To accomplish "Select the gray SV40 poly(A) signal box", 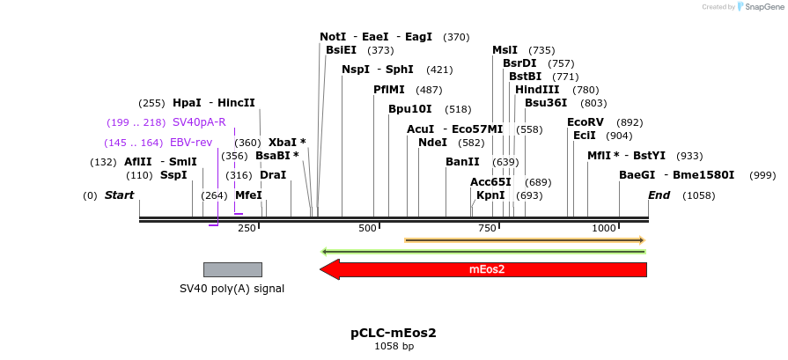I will pos(232,269).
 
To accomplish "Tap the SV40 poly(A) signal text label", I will pos(232,288).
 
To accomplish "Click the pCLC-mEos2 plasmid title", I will pos(394,333).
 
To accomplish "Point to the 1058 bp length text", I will pos(394,347).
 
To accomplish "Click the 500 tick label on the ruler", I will pos(367,228).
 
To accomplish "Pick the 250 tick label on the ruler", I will pos(247,228).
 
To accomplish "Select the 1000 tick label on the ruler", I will pos(604,228).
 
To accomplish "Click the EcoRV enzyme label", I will pos(585,122).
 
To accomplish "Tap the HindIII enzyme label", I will pos(537,90).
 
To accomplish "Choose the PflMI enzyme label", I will pos(389,90).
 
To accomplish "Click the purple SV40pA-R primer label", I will pos(199,122).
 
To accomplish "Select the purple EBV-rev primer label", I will pos(191,143).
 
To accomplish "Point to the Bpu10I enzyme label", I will pos(410,109).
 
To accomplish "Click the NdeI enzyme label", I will pos(432,143).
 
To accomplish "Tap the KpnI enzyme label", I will pos(490,195).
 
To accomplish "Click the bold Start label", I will pos(119,195).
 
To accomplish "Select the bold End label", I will pos(659,195).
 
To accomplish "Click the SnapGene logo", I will pos(762,7).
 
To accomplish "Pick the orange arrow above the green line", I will pos(525,240).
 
